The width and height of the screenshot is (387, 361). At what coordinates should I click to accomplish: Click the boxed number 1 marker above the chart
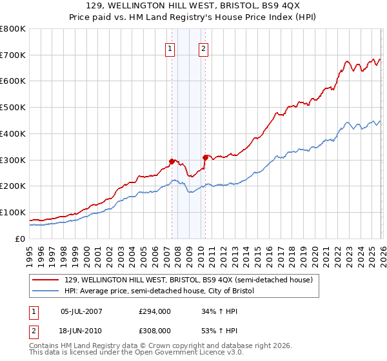[170, 48]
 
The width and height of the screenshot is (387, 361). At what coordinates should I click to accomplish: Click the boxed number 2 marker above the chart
[203, 48]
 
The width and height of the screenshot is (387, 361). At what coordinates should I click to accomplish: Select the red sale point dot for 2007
[172, 161]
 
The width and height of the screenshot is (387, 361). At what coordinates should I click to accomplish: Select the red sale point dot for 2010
[205, 157]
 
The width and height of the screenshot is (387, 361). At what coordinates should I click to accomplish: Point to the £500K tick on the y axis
[13, 108]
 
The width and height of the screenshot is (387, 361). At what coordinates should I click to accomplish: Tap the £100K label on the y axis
[13, 212]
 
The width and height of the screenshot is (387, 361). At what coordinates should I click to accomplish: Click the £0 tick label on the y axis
[19, 239]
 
